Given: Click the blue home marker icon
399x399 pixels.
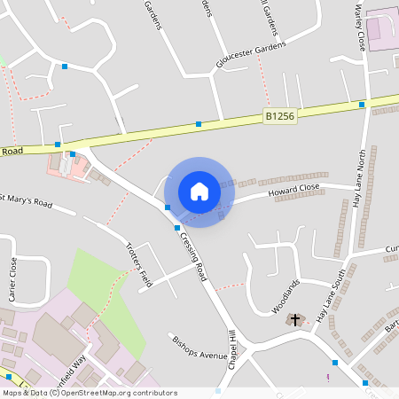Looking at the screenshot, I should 199,192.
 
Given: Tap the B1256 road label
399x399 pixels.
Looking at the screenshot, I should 278,114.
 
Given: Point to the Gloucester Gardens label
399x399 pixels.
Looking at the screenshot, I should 251,55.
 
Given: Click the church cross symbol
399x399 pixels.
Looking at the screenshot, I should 294,318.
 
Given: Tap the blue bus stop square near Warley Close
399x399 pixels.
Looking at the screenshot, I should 362,105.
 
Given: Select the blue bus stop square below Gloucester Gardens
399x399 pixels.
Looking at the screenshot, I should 199,124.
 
